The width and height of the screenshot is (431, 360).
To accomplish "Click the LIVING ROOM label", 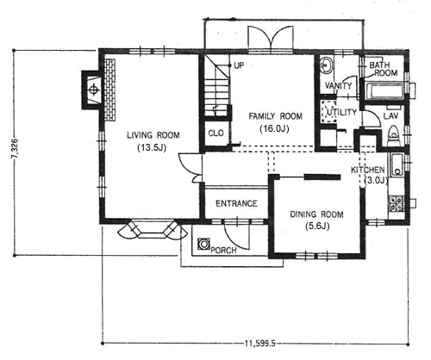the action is (153, 135).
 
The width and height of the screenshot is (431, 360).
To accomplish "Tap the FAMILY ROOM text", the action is (275, 116).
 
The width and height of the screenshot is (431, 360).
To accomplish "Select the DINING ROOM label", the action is (317, 214).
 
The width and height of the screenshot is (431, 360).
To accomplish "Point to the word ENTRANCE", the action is (236, 203).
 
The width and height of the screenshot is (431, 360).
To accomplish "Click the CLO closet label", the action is (215, 133).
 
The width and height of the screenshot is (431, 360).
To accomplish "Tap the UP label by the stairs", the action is (239, 65).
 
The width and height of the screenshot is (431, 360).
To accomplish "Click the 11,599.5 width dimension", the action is (260, 344).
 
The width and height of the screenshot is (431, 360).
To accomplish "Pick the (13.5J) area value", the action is (153, 148).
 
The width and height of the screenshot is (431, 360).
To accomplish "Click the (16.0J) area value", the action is (274, 128).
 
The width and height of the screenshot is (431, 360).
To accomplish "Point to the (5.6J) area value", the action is (317, 227).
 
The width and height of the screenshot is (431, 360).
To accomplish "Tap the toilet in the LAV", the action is (393, 135).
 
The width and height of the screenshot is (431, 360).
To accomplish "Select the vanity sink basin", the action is (326, 65).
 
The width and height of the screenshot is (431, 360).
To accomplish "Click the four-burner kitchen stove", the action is (396, 203).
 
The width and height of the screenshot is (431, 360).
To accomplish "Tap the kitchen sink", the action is (397, 164).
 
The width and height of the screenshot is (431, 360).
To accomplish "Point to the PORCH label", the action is (223, 251).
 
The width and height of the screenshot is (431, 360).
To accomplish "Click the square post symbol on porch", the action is (203, 244).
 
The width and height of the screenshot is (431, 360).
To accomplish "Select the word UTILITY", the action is (341, 112).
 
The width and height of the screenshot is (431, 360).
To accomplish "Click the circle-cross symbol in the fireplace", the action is (93, 90).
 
